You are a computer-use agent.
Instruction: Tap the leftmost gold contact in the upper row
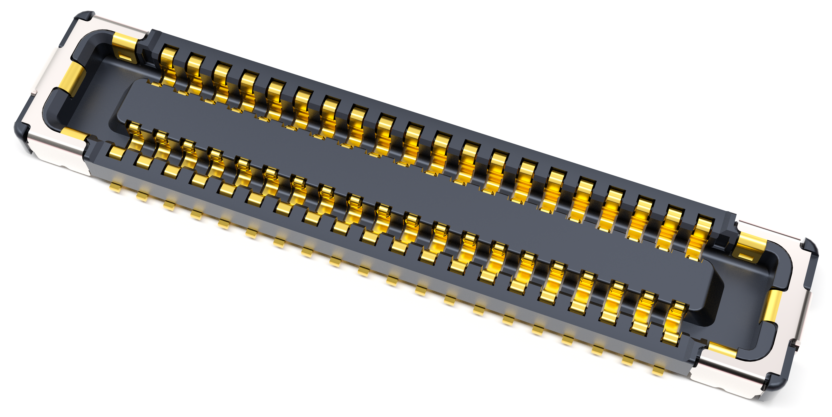coord(168,66)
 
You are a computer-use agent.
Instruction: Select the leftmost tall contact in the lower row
coord(134,136)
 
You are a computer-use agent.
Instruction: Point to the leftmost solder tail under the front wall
coord(115,188)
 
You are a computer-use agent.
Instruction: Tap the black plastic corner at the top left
coord(85,16)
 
